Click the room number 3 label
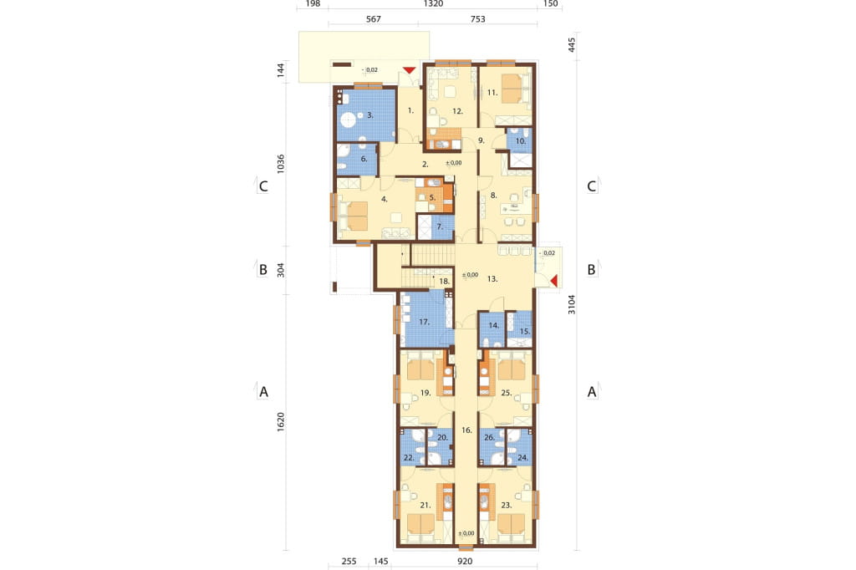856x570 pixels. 370,115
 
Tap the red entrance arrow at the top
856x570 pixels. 410,70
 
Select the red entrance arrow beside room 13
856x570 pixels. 553,281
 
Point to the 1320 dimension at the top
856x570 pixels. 433,4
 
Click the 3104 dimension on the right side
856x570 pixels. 572,304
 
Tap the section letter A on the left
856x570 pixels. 263,391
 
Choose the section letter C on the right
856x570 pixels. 591,186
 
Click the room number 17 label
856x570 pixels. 424,322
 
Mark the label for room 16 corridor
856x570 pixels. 466,430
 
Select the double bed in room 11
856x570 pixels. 512,89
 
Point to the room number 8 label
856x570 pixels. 493,195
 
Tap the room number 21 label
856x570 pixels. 425,505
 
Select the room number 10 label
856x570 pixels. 520,141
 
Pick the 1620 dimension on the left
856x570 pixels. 281,422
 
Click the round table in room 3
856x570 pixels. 348,118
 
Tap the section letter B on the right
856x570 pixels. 591,269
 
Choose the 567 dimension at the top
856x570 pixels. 374,19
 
